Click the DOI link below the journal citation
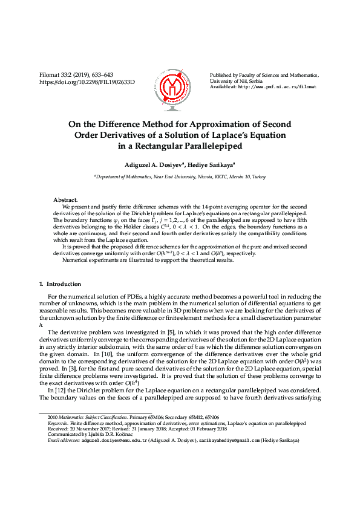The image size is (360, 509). coord(87,82)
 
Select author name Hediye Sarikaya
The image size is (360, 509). coord(220,164)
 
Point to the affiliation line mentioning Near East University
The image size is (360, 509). coord(180,177)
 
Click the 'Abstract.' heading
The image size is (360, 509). coord(66,199)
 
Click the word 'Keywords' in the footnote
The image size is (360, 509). coord(57,424)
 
